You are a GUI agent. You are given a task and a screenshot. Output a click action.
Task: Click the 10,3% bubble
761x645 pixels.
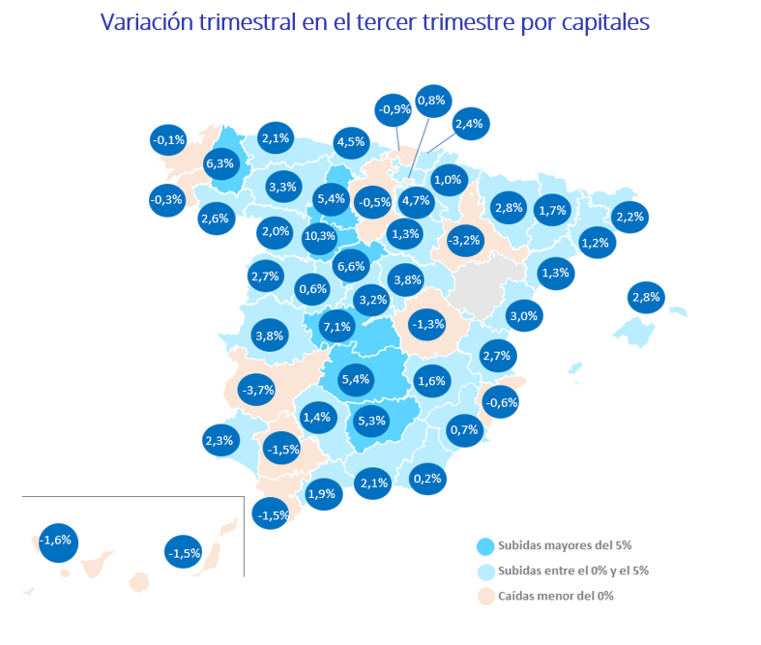point(319,235)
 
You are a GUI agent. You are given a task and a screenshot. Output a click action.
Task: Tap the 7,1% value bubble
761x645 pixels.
point(337,326)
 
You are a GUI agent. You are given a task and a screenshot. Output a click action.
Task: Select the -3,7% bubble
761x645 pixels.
point(257,390)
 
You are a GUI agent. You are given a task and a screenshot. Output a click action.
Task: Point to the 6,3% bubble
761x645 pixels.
point(220,162)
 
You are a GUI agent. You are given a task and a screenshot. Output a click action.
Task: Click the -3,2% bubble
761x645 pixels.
point(465,239)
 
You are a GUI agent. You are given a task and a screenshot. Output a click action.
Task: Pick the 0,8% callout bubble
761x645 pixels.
point(431,100)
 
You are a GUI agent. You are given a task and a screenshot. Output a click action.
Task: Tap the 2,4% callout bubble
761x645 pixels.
point(468,123)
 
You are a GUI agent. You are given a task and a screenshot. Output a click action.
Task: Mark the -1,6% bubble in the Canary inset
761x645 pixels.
point(56,540)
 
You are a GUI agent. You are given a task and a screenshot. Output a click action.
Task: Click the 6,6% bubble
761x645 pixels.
point(350,266)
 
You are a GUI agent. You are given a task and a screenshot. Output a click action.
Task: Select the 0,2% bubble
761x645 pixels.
point(427,478)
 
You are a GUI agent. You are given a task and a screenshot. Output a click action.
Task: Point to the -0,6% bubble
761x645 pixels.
point(501,402)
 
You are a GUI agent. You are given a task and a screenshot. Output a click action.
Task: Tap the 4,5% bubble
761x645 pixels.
point(350,142)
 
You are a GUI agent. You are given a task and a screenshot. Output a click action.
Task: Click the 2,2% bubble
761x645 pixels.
point(629,217)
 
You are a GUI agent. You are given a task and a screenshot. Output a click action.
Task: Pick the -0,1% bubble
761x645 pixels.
point(168,140)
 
